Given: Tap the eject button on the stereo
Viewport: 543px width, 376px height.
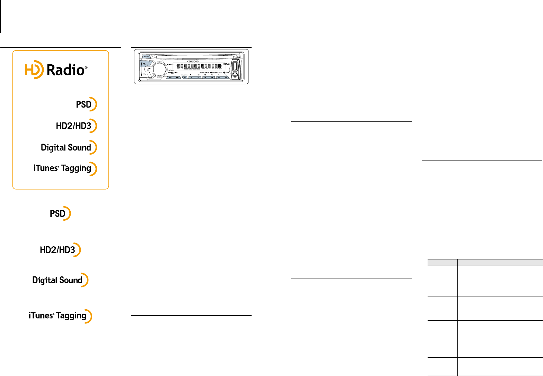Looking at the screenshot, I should tap(237, 57).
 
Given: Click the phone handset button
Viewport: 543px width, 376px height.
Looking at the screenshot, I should tap(148, 70).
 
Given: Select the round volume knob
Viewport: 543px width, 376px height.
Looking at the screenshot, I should tap(158, 69).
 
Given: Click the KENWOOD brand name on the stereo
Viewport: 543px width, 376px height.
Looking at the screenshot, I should tap(195, 61).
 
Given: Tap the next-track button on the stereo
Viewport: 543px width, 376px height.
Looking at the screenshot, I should tap(177, 77).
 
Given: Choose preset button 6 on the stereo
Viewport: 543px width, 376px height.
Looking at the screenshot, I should tap(225, 77).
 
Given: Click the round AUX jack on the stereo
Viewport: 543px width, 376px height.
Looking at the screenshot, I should tap(236, 74).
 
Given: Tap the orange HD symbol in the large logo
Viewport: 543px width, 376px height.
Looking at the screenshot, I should tap(34, 70).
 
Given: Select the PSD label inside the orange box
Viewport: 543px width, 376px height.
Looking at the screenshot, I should tap(84, 104).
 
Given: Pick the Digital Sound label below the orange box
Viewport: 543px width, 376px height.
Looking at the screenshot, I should tap(58, 280).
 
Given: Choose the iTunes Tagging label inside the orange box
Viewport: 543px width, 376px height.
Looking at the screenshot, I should tap(62, 168).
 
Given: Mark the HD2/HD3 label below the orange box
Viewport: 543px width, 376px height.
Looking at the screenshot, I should tap(58, 250).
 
